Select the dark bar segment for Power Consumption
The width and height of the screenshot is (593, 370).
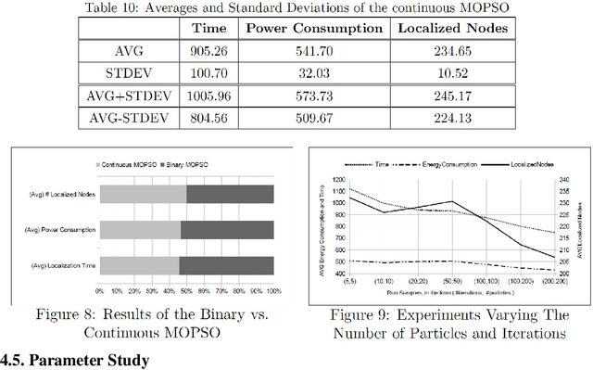[x=227, y=228]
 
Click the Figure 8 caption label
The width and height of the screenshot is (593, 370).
[x=141, y=314]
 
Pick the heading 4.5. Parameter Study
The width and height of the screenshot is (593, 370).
[x=74, y=360]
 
